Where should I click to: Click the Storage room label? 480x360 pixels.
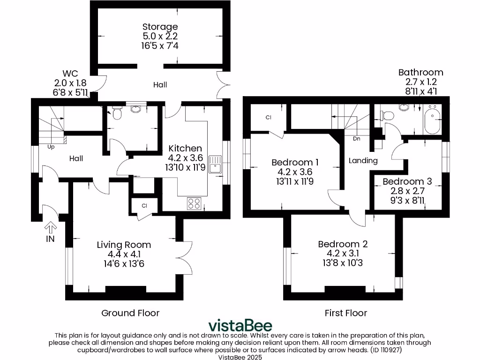tap(160, 27)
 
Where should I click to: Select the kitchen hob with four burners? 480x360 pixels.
tap(195, 203)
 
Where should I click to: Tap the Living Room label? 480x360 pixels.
tap(124, 245)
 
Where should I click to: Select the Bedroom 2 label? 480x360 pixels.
tap(343, 244)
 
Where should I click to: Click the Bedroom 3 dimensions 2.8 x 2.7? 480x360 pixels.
tap(407, 191)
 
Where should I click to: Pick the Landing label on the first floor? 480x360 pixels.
tap(363, 161)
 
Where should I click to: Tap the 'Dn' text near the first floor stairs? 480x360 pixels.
tap(356, 138)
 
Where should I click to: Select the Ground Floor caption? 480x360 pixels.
tap(130, 313)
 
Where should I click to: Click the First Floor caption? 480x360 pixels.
tap(346, 313)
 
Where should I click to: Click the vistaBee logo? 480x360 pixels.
tap(240, 325)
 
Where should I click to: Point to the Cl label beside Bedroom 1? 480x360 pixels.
tap(269, 118)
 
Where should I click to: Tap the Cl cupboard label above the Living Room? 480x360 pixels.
tap(144, 206)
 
